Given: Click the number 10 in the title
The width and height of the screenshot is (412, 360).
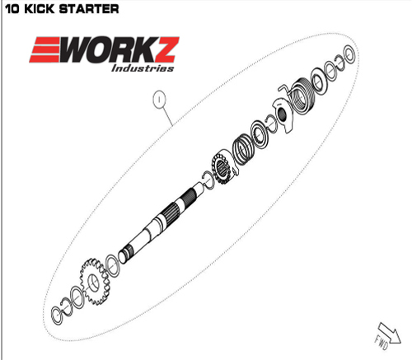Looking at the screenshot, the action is pos(12,9).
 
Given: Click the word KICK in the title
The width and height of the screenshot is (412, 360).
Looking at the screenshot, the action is pos(40,9).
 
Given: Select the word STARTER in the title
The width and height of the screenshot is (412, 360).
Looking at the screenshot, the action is pos(89,9).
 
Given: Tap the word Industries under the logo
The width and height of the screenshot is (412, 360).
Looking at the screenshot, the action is pos(143,68).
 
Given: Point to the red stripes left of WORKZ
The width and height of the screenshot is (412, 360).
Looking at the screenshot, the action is pos(45,49).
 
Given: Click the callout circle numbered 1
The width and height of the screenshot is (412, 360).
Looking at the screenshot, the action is pos(159,99).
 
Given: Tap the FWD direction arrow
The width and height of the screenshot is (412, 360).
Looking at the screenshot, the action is pos(390,334).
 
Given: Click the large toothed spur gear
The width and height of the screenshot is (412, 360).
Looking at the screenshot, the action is pos(93,282).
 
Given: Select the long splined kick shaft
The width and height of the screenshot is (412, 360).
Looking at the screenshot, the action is pos(162,222).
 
